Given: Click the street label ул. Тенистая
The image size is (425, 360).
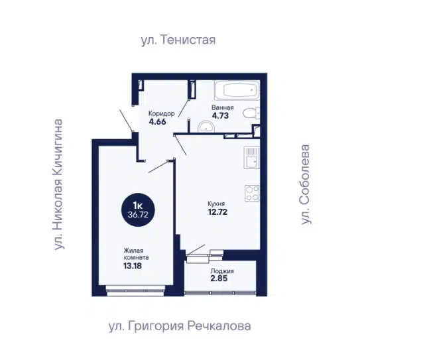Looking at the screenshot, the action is coord(178,40).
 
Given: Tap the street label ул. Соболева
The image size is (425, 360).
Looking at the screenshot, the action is coord(306,184).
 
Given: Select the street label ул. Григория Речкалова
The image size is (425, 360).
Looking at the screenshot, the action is coord(180,326).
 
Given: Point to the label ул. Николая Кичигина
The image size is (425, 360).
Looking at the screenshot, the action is coord(58,184).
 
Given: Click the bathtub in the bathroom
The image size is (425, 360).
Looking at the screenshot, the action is coord(237,90).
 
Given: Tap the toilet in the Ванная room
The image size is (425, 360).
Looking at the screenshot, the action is coord(251,113).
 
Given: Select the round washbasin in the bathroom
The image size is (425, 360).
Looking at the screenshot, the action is coord(206,127).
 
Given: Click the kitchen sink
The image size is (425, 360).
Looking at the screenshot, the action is coord(251,158).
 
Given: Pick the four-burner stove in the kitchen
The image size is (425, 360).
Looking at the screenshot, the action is coord(253,194).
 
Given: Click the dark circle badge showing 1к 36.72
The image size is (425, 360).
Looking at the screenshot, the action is coord(138,210).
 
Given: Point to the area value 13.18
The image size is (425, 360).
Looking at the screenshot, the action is coord(133,266).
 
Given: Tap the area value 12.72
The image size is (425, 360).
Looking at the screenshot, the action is coord(217,211).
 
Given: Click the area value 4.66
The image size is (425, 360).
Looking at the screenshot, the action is coord(158,121).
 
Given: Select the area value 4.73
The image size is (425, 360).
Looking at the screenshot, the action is coord(220,115).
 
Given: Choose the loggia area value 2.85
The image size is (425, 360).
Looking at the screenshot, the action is coord(219,278).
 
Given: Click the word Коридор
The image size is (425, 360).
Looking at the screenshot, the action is coord(162,113).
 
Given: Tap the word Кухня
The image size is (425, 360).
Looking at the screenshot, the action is coord(216,204).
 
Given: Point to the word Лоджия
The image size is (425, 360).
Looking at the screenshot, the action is coord(222,271).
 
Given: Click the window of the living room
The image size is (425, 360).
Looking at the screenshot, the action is coord(136,290).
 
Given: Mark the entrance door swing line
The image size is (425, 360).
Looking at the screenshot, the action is coord(127,121).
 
